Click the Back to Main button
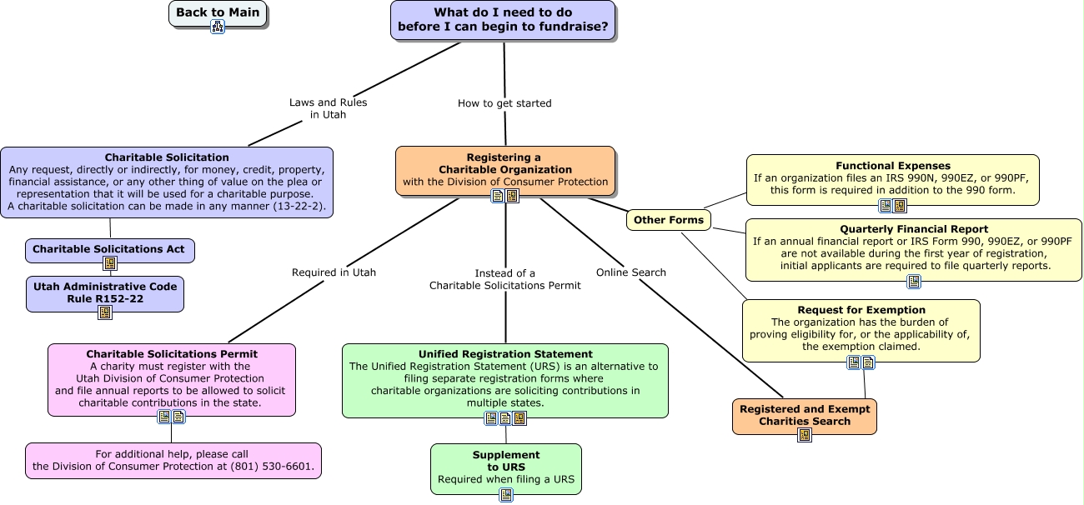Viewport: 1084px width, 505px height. (x=218, y=12)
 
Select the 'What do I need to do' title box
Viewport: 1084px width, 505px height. (x=503, y=20)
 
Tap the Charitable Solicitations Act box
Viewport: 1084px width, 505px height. (x=109, y=248)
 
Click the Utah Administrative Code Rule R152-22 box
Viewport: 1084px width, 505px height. (x=105, y=292)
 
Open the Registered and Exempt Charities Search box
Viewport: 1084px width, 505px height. (x=805, y=414)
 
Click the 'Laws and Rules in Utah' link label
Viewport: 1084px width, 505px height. (x=329, y=108)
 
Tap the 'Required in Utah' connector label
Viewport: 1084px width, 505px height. (x=334, y=272)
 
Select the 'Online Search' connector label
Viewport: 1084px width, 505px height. (x=631, y=272)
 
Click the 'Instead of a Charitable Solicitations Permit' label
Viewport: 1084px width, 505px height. (x=505, y=279)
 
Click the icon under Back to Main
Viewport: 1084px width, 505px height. (x=218, y=27)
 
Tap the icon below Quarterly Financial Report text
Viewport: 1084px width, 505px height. (x=914, y=282)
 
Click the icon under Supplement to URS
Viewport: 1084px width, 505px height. (x=506, y=495)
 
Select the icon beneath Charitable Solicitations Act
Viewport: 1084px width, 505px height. (x=110, y=264)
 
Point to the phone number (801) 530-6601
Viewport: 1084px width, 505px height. (x=274, y=467)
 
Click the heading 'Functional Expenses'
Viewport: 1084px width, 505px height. (x=893, y=166)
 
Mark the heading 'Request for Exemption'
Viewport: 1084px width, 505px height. (x=861, y=310)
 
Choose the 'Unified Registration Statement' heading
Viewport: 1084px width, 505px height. (x=505, y=354)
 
